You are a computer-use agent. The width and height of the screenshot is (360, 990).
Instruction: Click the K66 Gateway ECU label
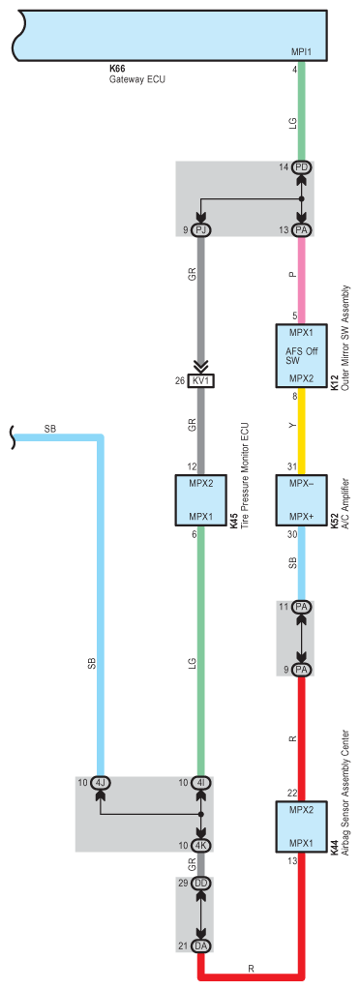coord(137,74)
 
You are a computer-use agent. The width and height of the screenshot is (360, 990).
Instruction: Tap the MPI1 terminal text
coord(301,51)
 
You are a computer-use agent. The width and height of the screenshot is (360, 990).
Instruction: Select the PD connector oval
coord(302,167)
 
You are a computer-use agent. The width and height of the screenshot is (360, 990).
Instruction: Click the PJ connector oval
coord(200,230)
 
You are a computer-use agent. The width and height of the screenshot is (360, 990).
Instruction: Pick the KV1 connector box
coord(200,380)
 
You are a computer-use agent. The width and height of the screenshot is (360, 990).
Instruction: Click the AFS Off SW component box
coord(301,355)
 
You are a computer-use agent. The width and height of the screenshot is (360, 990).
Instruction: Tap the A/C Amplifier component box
coord(301,500)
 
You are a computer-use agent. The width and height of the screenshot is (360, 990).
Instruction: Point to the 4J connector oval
coord(100,784)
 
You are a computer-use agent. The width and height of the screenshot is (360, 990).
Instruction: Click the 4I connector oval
coord(201,784)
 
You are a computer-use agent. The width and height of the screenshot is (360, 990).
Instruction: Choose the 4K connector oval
coord(201,846)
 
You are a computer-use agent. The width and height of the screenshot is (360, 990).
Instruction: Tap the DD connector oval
coord(201,883)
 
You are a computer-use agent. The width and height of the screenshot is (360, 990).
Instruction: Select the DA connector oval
coord(201,945)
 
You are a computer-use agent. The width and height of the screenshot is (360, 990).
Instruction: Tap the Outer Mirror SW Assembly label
coord(345,338)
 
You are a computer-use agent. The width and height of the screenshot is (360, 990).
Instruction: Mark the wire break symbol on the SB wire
coord(15,435)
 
